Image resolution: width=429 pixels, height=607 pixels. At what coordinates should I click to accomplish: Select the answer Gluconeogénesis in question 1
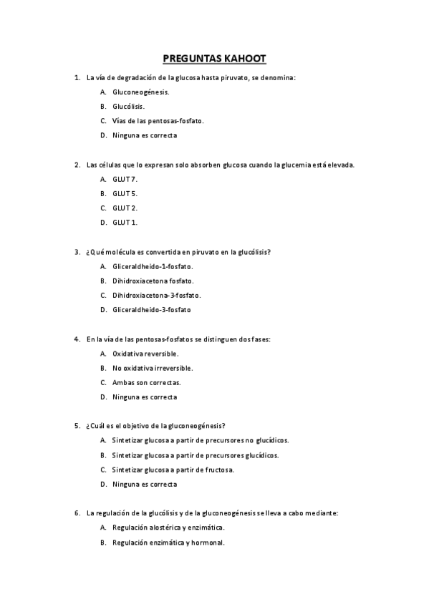[x=140, y=92]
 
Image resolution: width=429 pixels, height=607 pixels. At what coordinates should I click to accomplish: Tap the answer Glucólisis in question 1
[x=128, y=107]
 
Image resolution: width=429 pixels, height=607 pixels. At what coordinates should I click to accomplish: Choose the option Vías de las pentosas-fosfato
[x=158, y=121]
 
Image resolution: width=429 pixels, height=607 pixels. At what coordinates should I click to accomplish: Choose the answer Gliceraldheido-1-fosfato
[x=153, y=266]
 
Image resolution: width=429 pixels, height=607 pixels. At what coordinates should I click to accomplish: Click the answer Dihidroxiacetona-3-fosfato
[x=156, y=295]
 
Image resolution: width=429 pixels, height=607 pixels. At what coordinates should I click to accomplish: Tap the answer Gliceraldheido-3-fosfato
[x=151, y=310]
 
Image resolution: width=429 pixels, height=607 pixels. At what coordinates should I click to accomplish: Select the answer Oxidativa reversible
[x=145, y=354]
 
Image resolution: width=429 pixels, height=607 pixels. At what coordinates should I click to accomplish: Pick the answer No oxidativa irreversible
[x=153, y=368]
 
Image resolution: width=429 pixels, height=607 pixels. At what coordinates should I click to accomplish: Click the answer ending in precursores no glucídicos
[x=200, y=440]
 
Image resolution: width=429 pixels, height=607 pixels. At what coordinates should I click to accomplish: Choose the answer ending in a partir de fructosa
[x=173, y=470]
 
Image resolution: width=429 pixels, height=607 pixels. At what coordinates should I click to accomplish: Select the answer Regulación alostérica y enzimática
[x=168, y=528]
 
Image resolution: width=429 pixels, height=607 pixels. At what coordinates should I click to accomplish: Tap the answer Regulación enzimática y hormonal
[x=168, y=542]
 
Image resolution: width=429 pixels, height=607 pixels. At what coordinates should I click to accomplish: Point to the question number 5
[x=77, y=426]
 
